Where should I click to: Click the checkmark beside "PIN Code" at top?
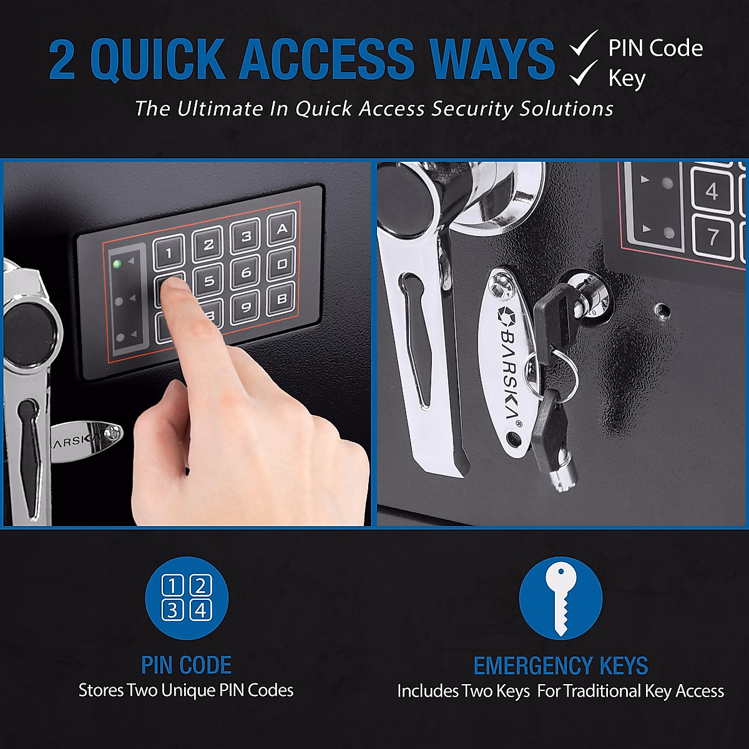584,46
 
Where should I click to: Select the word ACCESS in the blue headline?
326,60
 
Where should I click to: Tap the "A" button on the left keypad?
281,229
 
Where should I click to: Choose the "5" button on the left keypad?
208,280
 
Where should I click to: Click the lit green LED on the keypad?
117,263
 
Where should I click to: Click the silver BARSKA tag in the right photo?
507,362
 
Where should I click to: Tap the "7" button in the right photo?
713,237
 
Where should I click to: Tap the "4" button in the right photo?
712,191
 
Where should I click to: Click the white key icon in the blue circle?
561,597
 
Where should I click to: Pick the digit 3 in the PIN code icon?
173,610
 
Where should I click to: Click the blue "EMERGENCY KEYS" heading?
561,666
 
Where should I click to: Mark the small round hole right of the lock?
661,309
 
